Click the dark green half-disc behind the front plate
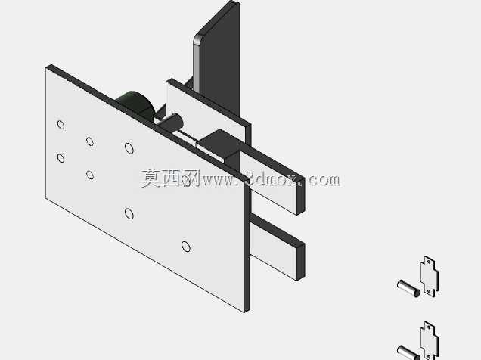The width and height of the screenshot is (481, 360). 136,104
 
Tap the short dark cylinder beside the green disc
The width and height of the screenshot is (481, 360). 171,123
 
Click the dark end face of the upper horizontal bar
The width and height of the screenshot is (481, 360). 300,196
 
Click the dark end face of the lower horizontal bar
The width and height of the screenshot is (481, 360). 300,262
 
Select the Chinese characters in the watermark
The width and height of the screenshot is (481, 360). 171,178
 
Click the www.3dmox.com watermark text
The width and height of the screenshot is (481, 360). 272,179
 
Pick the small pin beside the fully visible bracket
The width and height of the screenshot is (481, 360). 409,289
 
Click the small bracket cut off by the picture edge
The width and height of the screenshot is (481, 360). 430,341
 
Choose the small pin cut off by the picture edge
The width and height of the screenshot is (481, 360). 408,352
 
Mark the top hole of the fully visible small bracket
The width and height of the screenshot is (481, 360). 429,262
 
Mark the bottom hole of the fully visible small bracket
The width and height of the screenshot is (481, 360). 429,291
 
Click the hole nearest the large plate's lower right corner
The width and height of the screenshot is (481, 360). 185,247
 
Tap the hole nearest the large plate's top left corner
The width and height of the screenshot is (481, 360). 61,125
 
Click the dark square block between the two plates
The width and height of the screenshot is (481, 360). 218,144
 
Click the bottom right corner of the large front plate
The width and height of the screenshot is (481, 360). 244,312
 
